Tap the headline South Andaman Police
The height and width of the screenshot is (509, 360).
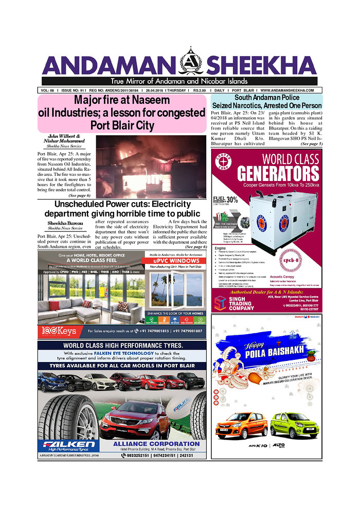[266, 98]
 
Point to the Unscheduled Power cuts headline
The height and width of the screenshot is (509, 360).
[122, 209]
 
